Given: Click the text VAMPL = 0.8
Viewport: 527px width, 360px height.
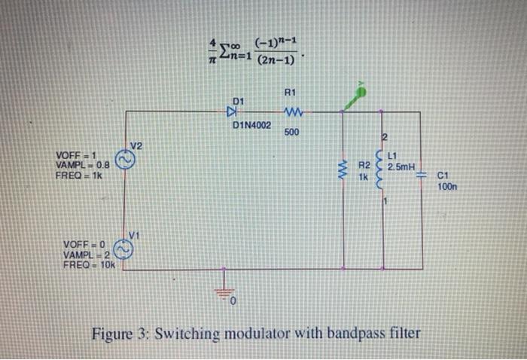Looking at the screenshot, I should pyautogui.click(x=83, y=164).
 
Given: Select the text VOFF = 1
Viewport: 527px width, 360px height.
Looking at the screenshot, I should pyautogui.click(x=76, y=154).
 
